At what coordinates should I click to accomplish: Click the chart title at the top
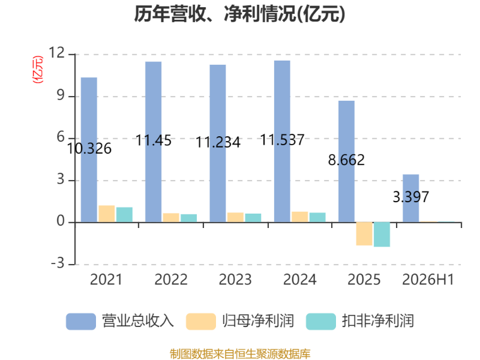(239, 14)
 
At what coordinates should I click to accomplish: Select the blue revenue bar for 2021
(89, 149)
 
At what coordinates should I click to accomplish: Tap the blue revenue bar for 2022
(154, 142)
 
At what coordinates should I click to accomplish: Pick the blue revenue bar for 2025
(347, 161)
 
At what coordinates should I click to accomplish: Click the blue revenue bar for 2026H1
(411, 199)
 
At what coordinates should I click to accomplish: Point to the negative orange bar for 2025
(364, 234)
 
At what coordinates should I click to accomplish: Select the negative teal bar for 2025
(382, 235)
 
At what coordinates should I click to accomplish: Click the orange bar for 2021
(107, 214)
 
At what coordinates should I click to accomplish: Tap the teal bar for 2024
(317, 217)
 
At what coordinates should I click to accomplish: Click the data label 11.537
(282, 140)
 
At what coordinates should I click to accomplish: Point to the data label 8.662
(347, 160)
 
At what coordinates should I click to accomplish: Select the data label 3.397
(411, 197)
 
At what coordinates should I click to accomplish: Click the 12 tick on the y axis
(56, 53)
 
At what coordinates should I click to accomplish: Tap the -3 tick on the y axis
(58, 263)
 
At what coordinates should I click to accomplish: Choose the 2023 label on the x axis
(235, 280)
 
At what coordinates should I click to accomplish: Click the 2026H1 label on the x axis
(428, 280)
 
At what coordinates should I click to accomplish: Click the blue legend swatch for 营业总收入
(81, 322)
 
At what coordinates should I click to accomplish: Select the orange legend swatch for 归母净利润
(201, 322)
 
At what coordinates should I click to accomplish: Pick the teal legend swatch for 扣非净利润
(321, 322)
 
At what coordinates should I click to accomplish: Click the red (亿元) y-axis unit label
(38, 70)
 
